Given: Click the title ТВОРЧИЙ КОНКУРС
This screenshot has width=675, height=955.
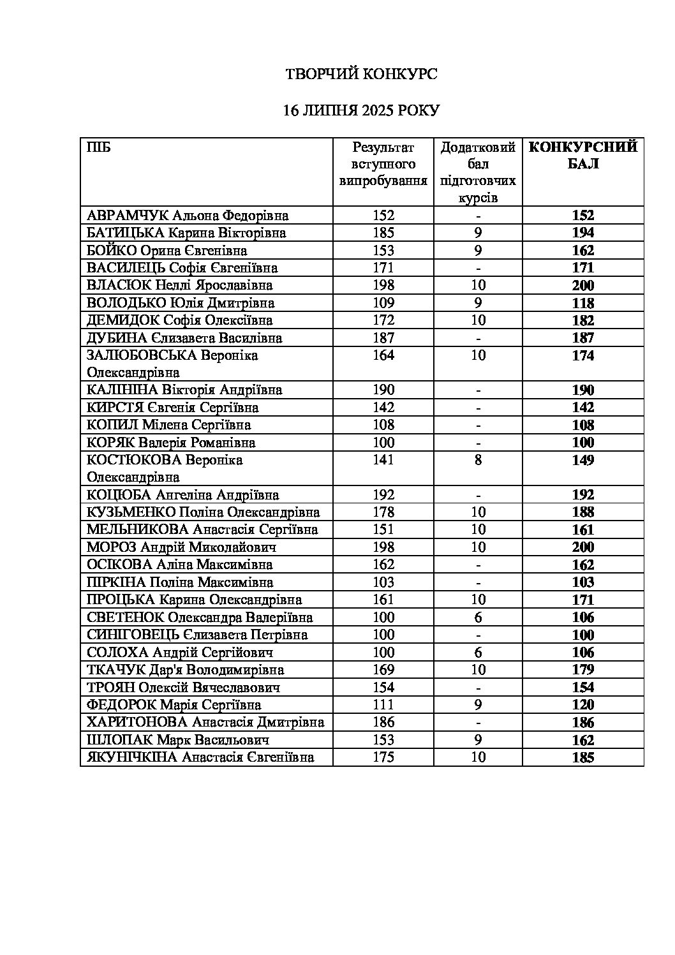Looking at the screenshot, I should [x=361, y=75].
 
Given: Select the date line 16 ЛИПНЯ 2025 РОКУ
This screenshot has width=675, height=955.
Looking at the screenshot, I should [x=361, y=111].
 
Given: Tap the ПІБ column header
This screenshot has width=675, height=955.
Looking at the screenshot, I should [x=98, y=148].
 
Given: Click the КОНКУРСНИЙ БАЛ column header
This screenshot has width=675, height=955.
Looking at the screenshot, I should [x=583, y=156].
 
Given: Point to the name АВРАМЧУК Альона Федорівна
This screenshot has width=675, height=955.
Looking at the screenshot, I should [x=188, y=216].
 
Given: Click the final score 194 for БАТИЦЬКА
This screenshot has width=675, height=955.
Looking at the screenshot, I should [x=583, y=233].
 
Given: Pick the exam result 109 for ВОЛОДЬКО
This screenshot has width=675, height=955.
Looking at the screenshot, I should [x=383, y=303].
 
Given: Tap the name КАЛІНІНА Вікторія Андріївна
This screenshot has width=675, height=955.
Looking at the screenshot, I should [x=184, y=390].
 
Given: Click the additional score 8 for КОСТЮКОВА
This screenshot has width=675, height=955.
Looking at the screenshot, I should [x=478, y=460].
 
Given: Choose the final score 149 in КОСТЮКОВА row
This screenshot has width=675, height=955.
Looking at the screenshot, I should [x=583, y=460].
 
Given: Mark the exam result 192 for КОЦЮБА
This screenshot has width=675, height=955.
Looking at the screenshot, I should [x=383, y=494].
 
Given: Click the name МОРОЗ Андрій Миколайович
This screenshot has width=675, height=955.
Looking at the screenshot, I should [x=181, y=547].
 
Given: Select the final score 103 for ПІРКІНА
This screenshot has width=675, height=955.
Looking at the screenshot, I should [x=583, y=582].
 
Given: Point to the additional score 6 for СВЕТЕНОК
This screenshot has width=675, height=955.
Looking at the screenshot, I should [x=478, y=617].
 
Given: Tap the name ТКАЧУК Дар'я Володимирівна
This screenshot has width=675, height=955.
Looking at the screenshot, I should [x=185, y=670].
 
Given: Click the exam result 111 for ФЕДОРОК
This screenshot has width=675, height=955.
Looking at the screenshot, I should [x=383, y=705].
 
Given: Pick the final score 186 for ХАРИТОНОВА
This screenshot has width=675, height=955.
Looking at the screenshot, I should [x=583, y=722].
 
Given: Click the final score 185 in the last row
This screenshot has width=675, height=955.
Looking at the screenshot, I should [x=583, y=757].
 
